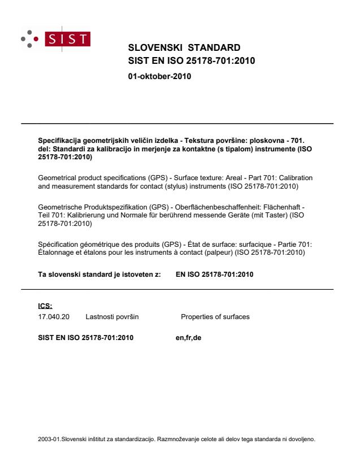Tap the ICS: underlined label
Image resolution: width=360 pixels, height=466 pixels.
click(x=44, y=306)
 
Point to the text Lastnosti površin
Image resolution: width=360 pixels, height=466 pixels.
click(x=112, y=317)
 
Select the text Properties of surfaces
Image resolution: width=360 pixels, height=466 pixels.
click(x=215, y=317)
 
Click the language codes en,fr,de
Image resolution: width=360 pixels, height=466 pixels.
click(x=189, y=338)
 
